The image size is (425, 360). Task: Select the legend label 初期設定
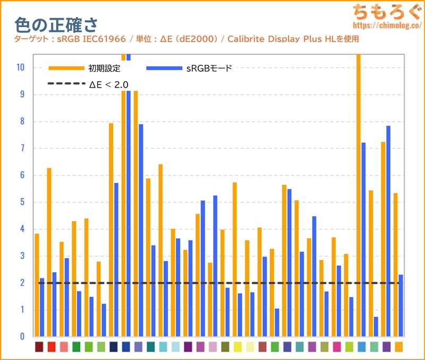[105, 68]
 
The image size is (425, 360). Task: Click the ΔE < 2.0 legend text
[109, 84]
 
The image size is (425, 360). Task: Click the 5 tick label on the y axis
[21, 202]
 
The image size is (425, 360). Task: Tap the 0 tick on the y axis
[21, 337]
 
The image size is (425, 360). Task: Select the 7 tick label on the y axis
[21, 148]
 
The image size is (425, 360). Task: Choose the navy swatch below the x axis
[113, 347]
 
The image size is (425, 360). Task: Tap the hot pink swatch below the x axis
[337, 347]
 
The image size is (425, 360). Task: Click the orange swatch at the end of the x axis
[398, 347]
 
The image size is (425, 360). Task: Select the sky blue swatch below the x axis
[361, 347]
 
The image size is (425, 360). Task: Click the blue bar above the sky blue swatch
[364, 239]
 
